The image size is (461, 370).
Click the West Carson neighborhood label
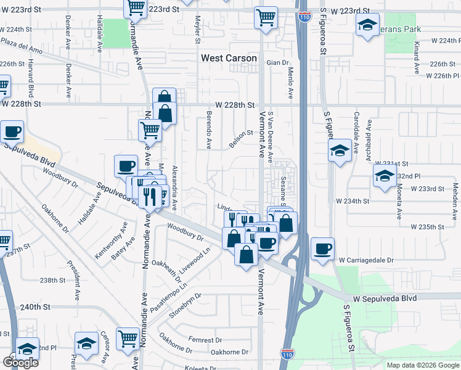pyautogui.click(x=229, y=58)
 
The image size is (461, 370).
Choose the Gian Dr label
pyautogui.click(x=278, y=63)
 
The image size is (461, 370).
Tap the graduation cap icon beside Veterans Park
pyautogui.click(x=367, y=25)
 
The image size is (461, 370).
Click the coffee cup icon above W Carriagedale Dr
pyautogui.click(x=323, y=249)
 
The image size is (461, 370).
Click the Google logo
pyautogui.click(x=20, y=363)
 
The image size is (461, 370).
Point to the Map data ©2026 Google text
pyautogui.click(x=423, y=365)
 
